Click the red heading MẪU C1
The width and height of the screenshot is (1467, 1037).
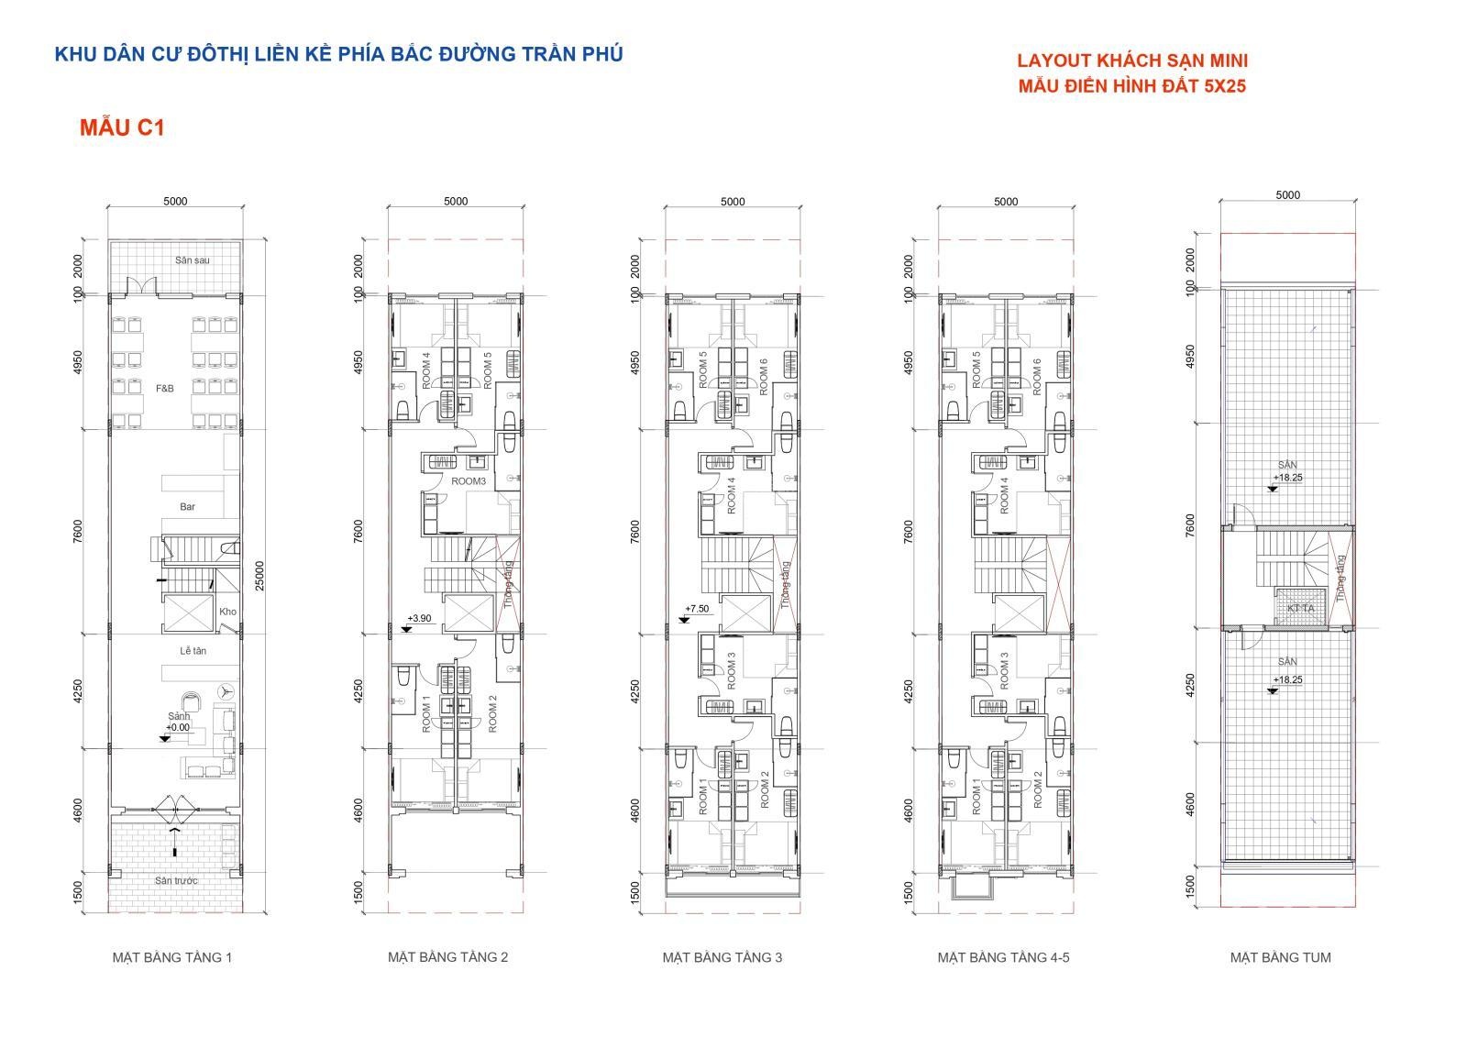[121, 127]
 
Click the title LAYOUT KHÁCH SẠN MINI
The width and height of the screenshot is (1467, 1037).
[1131, 61]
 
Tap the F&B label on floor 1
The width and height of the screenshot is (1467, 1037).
[164, 389]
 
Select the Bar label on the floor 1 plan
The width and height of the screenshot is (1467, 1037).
[187, 506]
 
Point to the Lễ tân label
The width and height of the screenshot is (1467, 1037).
[193, 651]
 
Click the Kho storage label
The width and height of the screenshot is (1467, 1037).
[227, 612]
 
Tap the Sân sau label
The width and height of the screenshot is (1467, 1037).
[193, 260]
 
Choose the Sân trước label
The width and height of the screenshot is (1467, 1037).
[176, 881]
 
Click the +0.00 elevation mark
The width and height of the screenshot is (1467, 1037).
[178, 728]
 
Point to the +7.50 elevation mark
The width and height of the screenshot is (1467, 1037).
[697, 609]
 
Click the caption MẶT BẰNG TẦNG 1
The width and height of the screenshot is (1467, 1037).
[172, 958]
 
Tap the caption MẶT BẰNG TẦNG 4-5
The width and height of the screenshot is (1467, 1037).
[1003, 958]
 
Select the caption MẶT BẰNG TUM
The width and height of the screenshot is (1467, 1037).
[1280, 958]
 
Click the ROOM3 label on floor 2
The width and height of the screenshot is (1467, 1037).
[469, 480]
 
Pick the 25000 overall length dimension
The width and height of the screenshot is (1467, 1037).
[259, 576]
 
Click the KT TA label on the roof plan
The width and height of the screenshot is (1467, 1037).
[1300, 608]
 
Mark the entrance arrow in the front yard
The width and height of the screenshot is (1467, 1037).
[174, 841]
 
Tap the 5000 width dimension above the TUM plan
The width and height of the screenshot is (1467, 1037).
[1287, 195]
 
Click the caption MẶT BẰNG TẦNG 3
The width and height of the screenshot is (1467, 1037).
[722, 958]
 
